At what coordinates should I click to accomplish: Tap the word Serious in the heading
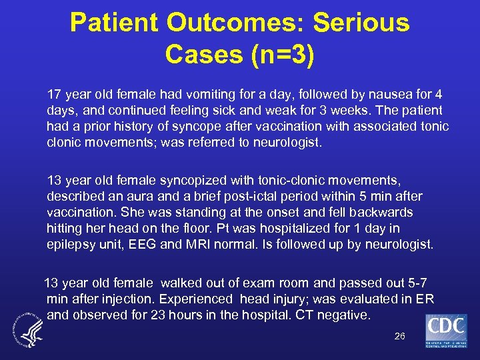(361, 23)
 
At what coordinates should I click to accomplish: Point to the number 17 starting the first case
(53, 93)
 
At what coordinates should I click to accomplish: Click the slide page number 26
(399, 336)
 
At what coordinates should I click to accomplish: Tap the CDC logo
(446, 331)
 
